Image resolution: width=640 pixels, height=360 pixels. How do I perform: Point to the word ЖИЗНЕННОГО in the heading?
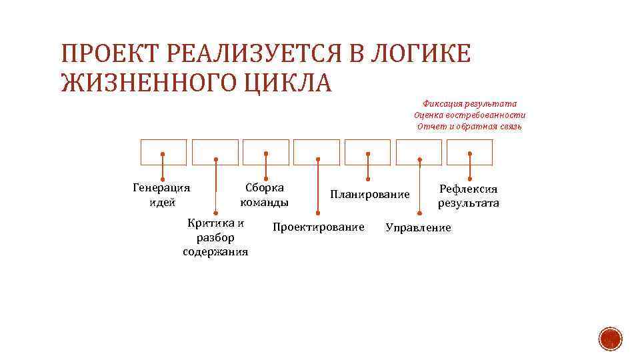pyautogui.click(x=142, y=84)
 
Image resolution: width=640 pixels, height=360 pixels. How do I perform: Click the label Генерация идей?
pyautogui.click(x=162, y=195)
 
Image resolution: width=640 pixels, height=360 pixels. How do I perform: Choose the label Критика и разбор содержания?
pyautogui.click(x=215, y=237)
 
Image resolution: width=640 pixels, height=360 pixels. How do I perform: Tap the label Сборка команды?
pyautogui.click(x=265, y=195)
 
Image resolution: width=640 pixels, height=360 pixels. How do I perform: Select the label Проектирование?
pyautogui.click(x=319, y=227)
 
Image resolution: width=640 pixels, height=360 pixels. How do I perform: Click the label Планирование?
pyautogui.click(x=370, y=194)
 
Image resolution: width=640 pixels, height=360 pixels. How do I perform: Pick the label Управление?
pyautogui.click(x=418, y=228)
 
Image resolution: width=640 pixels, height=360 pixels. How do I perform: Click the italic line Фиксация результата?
pyautogui.click(x=470, y=103)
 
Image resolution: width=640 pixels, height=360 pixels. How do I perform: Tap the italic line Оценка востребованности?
pyautogui.click(x=469, y=115)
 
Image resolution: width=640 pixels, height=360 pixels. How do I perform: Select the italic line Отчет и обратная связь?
pyautogui.click(x=469, y=126)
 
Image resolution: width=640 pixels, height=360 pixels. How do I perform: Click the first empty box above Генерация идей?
pyautogui.click(x=163, y=152)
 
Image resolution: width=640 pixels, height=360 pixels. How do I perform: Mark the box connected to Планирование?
pyautogui.click(x=368, y=152)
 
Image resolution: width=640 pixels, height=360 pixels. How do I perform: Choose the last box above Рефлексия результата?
pyautogui.click(x=470, y=152)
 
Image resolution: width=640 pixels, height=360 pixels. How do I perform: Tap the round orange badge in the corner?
pyautogui.click(x=610, y=339)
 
